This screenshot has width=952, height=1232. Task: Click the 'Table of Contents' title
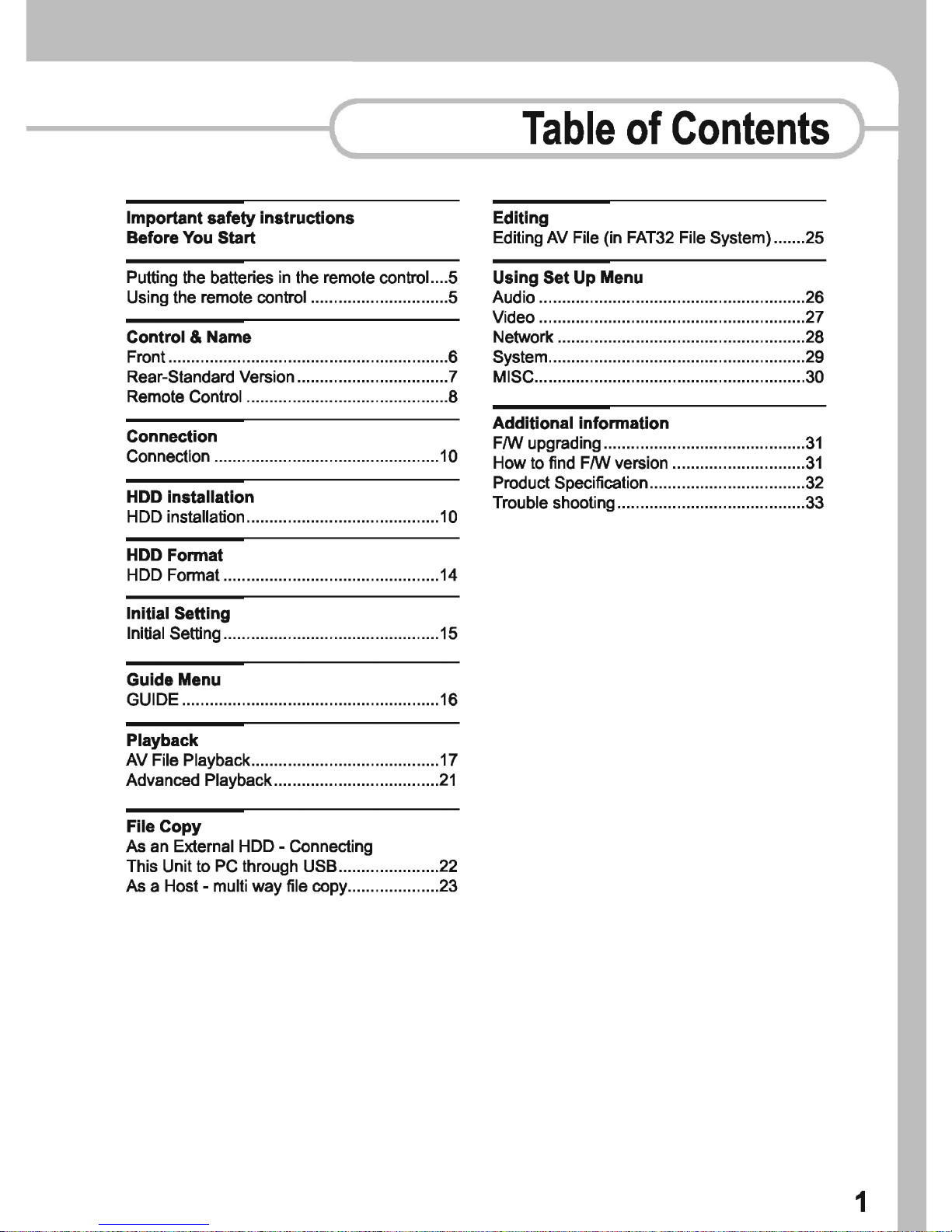point(675,129)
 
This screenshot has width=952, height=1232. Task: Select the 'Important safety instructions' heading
point(240,218)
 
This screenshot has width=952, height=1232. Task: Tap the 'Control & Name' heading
point(189,337)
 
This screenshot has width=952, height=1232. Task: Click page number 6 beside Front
point(452,357)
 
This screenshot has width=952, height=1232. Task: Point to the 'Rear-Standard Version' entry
point(211,377)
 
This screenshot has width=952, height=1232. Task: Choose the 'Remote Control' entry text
point(184,396)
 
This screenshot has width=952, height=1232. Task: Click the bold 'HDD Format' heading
point(175,555)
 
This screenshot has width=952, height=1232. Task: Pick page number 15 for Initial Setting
point(448,633)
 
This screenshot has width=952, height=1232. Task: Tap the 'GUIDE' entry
point(152,700)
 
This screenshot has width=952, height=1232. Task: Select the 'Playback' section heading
point(162,740)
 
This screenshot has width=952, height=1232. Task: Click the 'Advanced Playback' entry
point(199,780)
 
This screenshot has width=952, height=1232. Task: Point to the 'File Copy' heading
point(164,826)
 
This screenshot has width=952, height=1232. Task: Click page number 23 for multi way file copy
point(448,886)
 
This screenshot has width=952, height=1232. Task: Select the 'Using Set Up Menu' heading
point(568,277)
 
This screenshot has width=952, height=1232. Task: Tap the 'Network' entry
point(523,337)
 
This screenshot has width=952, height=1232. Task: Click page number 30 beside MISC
point(814,377)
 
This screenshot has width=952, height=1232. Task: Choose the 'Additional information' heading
point(581,423)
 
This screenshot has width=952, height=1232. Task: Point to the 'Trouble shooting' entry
point(553,503)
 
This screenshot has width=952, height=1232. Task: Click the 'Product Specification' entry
point(570,483)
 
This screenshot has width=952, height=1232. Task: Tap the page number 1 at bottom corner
point(860,1202)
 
